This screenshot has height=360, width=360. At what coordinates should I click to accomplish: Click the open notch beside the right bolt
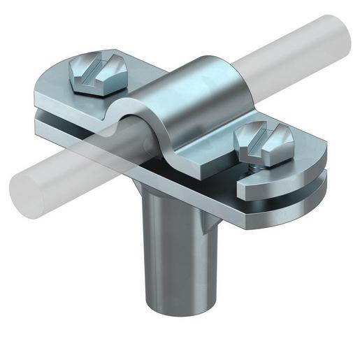click(x=241, y=183)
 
